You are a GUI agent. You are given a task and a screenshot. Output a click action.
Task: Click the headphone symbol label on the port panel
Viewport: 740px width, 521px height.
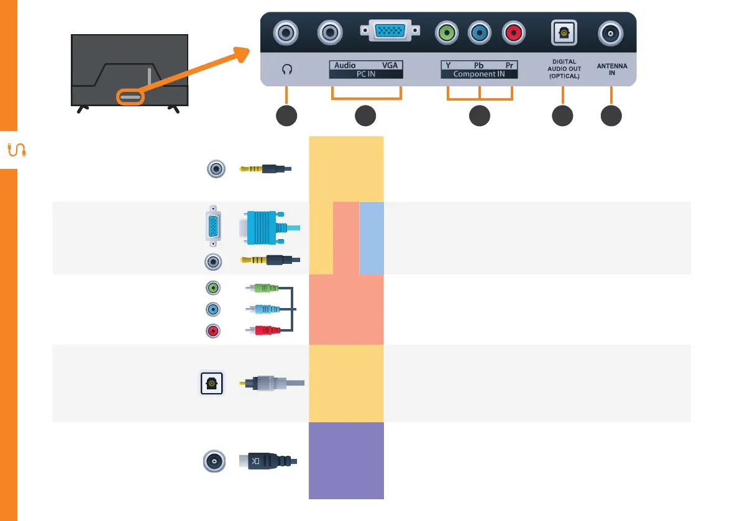pos(286,70)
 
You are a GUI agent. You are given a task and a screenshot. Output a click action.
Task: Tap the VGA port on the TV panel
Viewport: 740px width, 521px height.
pos(390,31)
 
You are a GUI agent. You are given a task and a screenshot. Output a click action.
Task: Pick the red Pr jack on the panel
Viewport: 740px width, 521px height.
pos(513,32)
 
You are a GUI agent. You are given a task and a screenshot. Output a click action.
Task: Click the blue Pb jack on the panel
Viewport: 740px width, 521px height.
pos(480,32)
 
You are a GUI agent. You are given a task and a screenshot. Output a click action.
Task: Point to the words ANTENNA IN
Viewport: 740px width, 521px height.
pos(611,68)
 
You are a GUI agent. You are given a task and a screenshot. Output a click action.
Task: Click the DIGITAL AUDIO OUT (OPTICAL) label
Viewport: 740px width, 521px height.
pos(563,69)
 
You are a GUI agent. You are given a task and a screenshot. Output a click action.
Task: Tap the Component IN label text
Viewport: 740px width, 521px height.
pos(479,74)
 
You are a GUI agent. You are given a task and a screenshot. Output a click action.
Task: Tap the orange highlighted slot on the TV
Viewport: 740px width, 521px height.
pos(129,97)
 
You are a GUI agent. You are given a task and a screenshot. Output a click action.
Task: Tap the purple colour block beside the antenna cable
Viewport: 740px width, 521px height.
pos(346,460)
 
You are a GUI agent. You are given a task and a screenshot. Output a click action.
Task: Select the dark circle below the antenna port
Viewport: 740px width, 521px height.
pos(611,116)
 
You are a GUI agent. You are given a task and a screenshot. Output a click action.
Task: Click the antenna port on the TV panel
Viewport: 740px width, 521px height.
pos(611,32)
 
